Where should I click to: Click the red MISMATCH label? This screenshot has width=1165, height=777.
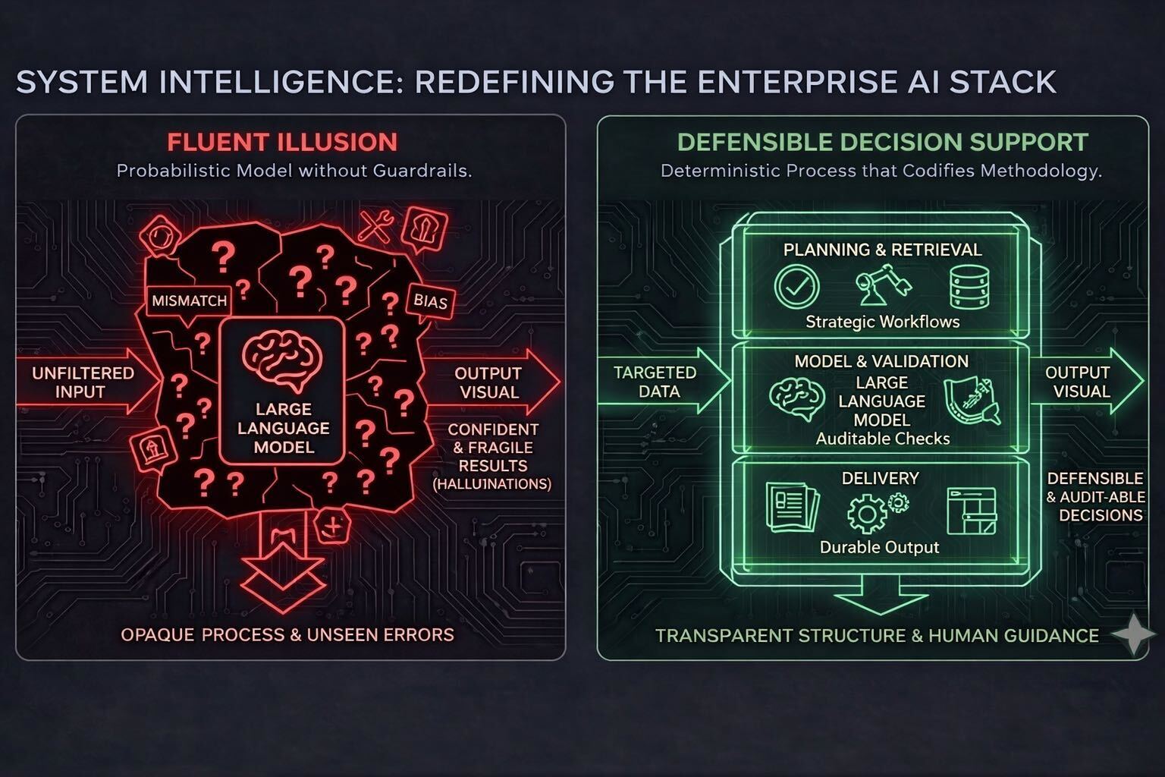click(189, 300)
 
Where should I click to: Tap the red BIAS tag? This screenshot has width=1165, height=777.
click(430, 301)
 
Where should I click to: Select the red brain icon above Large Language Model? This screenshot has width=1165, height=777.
click(282, 361)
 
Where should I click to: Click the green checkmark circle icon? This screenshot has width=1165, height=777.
click(796, 288)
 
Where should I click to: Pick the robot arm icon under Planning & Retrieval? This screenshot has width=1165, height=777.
click(881, 287)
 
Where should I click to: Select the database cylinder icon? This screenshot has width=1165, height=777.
click(966, 288)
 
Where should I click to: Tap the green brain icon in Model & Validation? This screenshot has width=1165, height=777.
click(796, 399)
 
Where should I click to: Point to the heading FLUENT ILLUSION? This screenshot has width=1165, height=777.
click(282, 143)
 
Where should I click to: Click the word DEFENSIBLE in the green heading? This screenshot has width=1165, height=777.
click(746, 143)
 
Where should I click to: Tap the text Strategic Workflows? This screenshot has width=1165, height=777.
click(882, 322)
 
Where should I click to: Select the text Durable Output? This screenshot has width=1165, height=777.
click(879, 547)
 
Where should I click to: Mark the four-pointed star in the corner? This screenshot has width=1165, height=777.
click(1133, 634)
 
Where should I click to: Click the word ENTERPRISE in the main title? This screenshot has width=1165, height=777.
click(783, 82)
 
